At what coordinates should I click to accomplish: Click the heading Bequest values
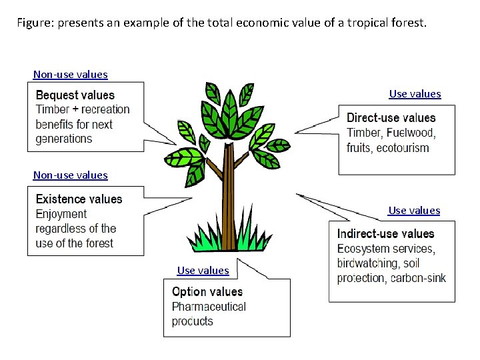[75, 95]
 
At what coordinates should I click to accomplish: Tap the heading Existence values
[79, 199]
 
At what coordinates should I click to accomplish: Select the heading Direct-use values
[391, 118]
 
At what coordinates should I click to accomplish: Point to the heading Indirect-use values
[385, 234]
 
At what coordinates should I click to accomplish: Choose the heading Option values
[207, 292]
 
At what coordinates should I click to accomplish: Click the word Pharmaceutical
[209, 307]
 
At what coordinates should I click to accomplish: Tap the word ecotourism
[403, 147]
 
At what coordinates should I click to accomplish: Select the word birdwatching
[369, 263]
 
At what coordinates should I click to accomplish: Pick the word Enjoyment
[61, 214]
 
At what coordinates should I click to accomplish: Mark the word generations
[64, 139]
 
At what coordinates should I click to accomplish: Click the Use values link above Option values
[203, 271]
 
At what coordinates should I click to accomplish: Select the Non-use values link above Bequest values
[70, 75]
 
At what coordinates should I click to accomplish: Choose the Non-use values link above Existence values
[70, 175]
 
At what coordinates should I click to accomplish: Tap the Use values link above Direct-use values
[415, 94]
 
